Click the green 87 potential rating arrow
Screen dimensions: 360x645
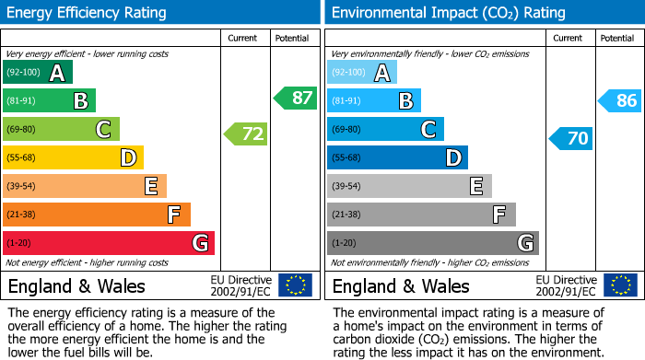[x=296, y=98]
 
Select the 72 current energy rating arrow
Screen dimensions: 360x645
[x=246, y=134]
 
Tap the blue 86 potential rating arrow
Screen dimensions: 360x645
[x=620, y=101]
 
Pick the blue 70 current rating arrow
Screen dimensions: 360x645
[x=571, y=139]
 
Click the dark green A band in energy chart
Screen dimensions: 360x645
[x=38, y=73]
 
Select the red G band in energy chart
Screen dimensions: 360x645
[x=109, y=243]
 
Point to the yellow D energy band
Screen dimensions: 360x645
[x=74, y=158]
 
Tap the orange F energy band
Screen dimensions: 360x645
[x=97, y=215]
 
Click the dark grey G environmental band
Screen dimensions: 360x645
[x=432, y=243]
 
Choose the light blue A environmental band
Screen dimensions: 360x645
[x=362, y=73]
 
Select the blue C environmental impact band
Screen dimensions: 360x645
[x=385, y=130]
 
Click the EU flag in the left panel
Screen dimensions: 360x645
[x=295, y=285]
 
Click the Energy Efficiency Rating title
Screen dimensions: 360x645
[x=88, y=13]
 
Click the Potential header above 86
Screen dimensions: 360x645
[x=617, y=38]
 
